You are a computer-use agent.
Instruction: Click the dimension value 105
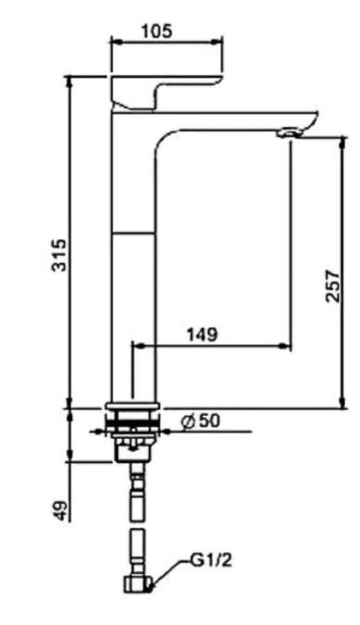[157, 31]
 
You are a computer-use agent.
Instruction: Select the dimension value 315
[60, 256]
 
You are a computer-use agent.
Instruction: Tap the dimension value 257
[333, 286]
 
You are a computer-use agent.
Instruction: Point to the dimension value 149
[203, 334]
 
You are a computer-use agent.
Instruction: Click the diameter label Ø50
[200, 420]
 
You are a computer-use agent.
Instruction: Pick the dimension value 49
[60, 510]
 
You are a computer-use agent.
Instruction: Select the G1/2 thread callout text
[211, 560]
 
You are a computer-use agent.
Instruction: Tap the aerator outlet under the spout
[290, 131]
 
